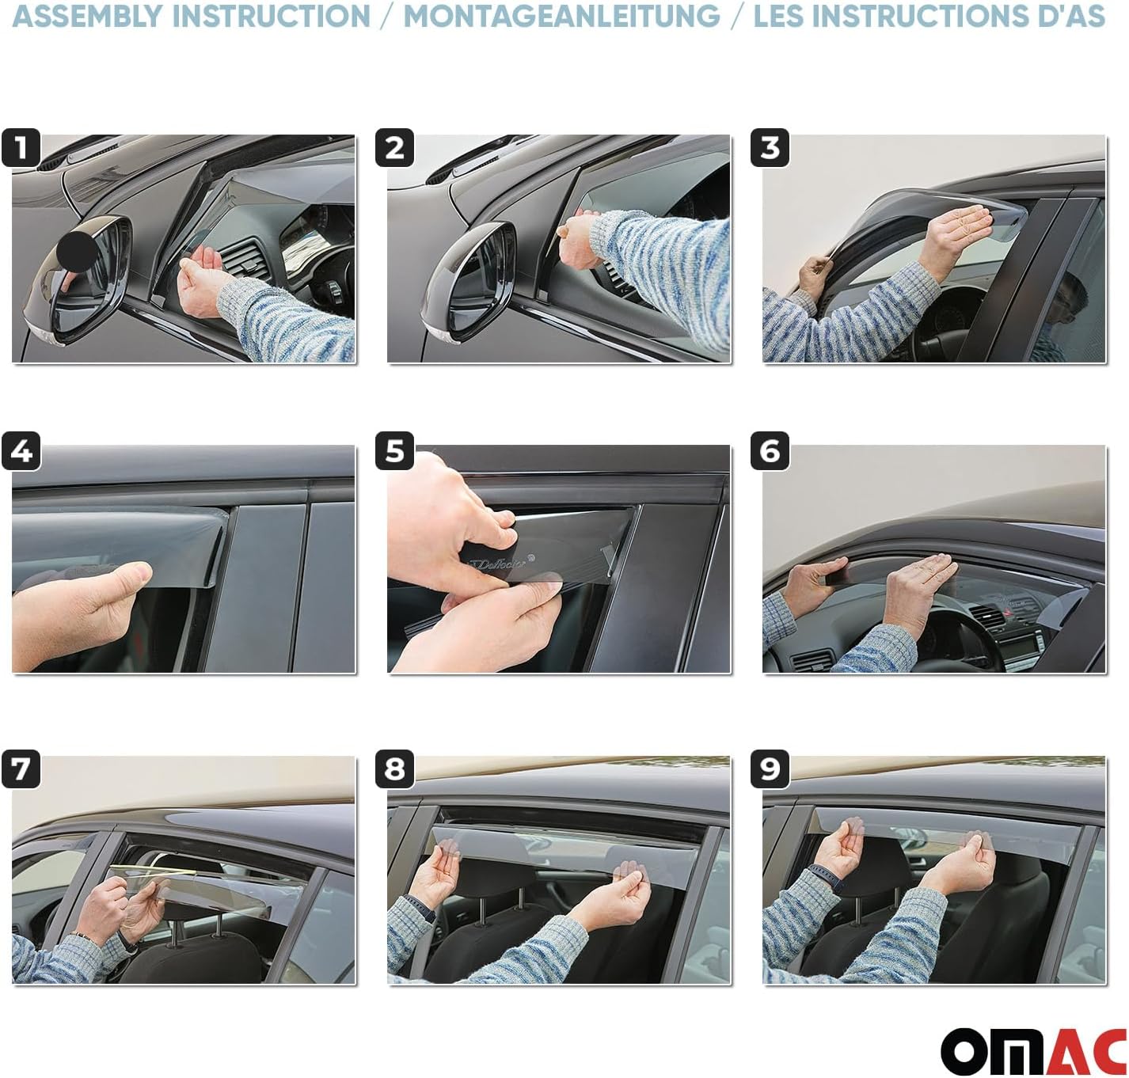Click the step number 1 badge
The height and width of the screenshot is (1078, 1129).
21,148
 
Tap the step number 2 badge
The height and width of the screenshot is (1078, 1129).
395,148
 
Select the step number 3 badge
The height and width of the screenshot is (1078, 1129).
770,148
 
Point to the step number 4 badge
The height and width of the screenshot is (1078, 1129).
21,451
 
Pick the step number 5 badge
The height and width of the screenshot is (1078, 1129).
395,451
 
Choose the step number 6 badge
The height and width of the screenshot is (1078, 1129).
770,451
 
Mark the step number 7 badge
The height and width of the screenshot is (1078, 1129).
21,769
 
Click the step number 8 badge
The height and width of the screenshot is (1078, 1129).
395,769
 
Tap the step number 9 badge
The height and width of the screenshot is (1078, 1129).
770,769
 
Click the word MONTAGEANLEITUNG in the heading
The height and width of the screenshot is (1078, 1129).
561,16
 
